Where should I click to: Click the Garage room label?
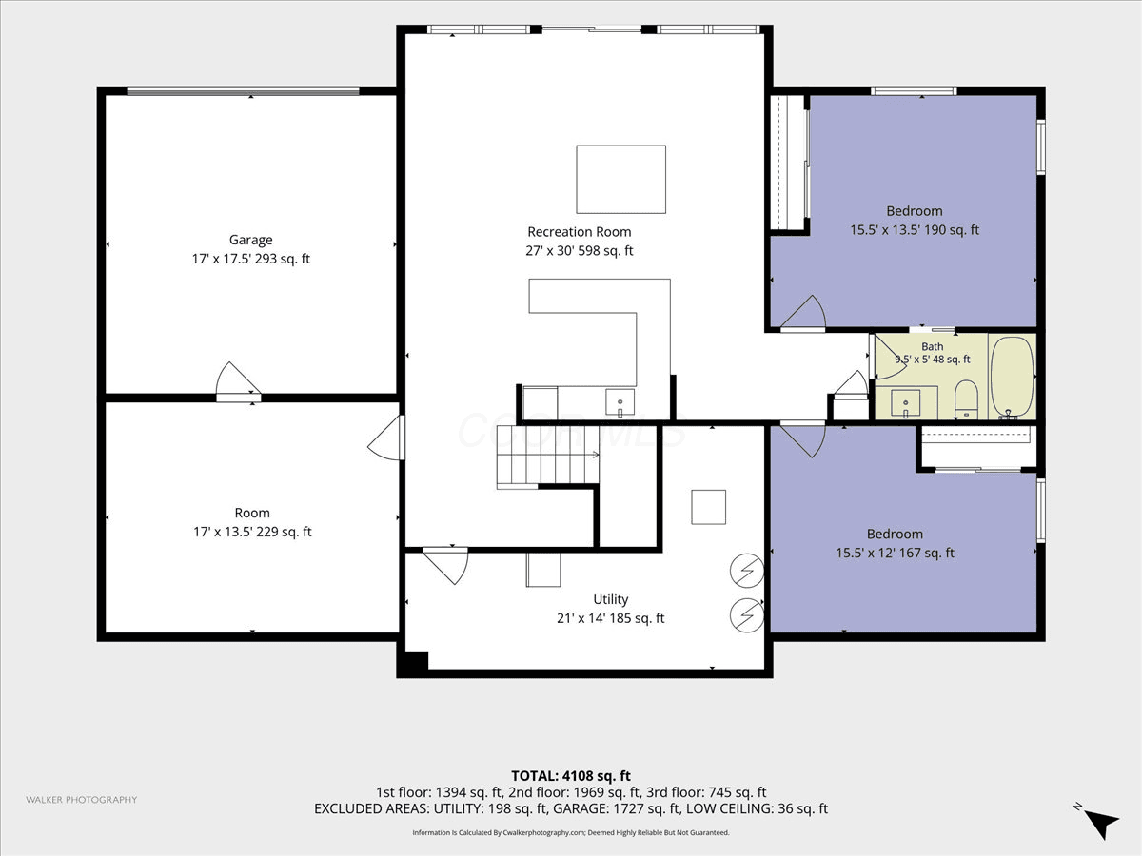(251, 249)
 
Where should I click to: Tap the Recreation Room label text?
(579, 232)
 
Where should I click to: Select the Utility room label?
(611, 609)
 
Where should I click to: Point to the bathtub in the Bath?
(1012, 378)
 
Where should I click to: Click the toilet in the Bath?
(966, 399)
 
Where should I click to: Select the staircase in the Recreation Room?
(547, 457)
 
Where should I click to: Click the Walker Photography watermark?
(82, 800)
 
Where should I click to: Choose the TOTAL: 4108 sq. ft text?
(571, 776)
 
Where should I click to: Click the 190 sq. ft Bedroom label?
(915, 221)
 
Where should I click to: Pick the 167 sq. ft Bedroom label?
(895, 543)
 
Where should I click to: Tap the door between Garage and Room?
(238, 382)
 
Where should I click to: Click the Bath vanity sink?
(906, 404)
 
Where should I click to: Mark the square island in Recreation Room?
(620, 180)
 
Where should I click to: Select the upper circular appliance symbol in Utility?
(747, 571)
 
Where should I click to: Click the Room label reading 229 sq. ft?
(252, 522)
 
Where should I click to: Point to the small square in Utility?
(709, 507)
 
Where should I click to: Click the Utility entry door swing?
(445, 566)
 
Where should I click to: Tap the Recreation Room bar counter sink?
(620, 402)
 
